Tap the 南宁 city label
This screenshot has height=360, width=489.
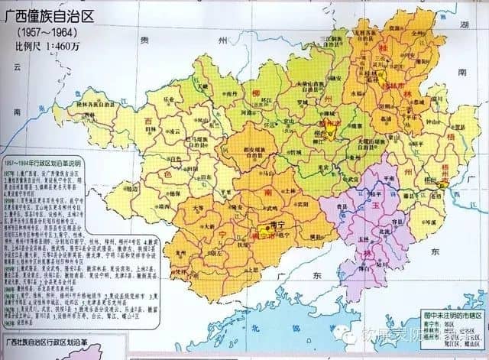(x=257, y=227)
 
